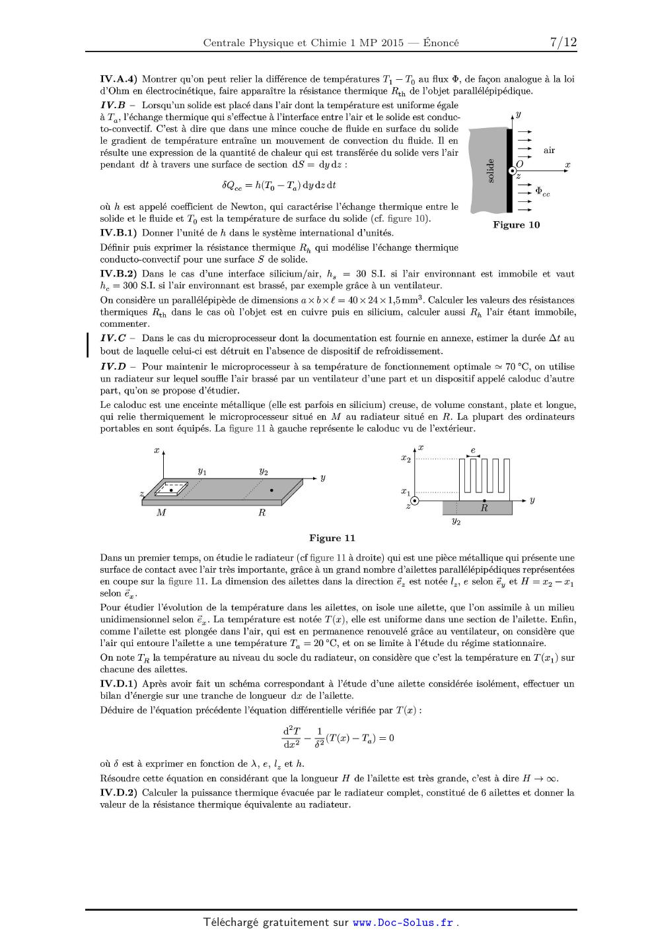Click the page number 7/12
[563, 43]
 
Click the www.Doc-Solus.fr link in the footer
[403, 923]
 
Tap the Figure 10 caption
[516, 225]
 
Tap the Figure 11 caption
[332, 539]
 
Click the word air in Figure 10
[549, 150]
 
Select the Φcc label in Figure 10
[542, 191]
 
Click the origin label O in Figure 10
[519, 164]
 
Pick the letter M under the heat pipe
[161, 513]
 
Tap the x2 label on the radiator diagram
[406, 458]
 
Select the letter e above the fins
[472, 450]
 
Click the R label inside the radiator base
[484, 508]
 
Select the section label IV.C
[113, 339]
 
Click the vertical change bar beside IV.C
[88, 344]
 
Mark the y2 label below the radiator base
[456, 521]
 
